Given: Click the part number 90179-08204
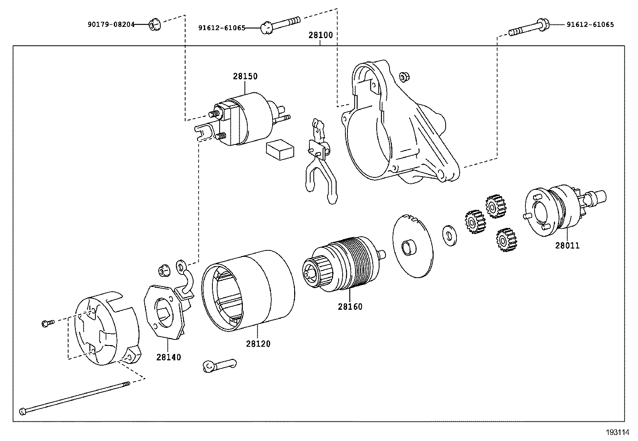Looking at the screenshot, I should pos(111,24).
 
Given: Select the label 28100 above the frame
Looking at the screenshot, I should pos(320,35).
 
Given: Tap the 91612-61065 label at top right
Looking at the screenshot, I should pos(590,24).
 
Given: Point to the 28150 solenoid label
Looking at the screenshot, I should pos(245,76).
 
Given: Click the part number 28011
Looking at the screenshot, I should pos(567,246).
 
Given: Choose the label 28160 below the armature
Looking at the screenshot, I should pos(350,307).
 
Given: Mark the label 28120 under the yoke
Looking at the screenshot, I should pos(258,344).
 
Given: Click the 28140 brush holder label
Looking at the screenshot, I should pos(168,357).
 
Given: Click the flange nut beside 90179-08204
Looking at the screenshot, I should pos(153,25).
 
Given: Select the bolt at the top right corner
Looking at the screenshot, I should pos(529,28).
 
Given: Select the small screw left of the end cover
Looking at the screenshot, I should pos(47,323).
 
